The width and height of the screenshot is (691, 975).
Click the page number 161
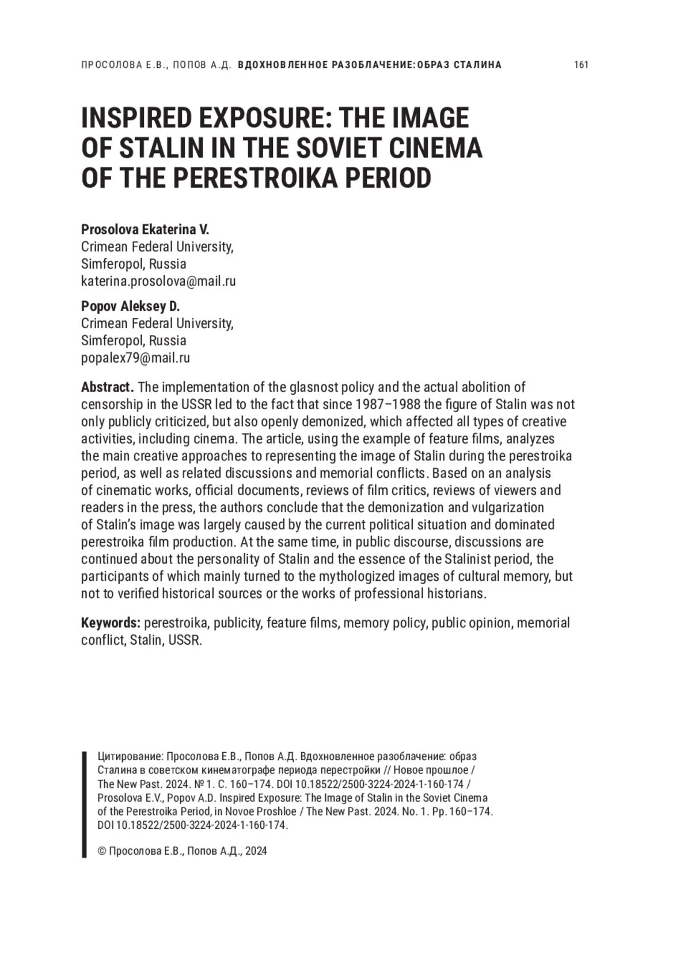coord(581,64)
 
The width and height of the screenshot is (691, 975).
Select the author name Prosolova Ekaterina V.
coord(145,229)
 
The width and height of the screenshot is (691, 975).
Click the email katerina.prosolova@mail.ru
coord(158,281)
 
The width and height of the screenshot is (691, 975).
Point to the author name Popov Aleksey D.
coord(131,306)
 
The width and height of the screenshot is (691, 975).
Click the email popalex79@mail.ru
coord(135,357)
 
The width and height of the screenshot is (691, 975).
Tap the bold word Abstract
coord(107,387)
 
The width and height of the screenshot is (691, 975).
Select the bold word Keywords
coord(111,623)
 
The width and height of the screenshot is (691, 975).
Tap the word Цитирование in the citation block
coord(131,756)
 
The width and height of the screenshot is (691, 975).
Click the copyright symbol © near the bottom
coord(102,851)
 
